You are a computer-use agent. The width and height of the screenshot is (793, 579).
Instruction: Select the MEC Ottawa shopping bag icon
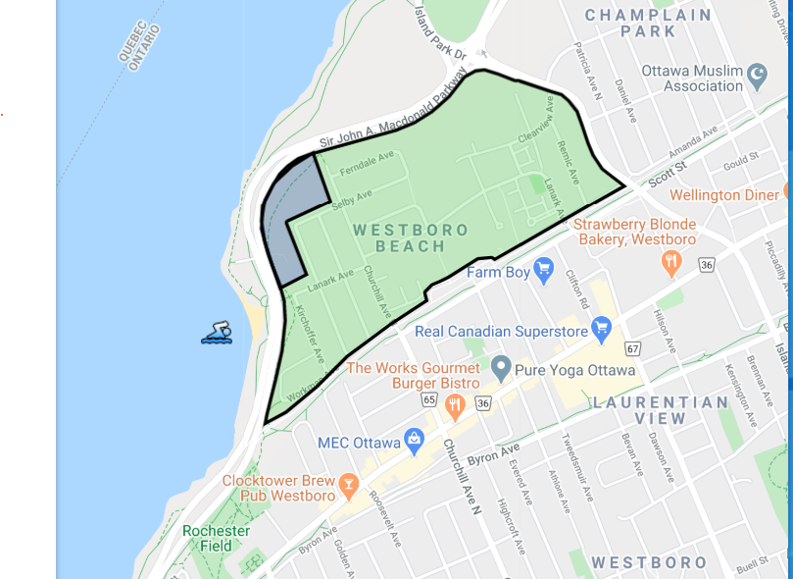point(416,442)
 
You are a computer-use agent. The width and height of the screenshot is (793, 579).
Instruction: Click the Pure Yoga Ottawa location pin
point(501,368)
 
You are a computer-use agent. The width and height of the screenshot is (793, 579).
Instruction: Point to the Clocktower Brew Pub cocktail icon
point(346,484)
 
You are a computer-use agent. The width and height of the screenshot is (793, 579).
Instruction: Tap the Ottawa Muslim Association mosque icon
point(756,74)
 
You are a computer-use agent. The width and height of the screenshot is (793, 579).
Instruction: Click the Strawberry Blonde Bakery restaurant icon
point(671,261)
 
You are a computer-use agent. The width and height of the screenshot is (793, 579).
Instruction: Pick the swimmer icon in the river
point(217,334)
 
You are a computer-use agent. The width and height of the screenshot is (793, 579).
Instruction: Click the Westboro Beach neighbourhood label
point(411,237)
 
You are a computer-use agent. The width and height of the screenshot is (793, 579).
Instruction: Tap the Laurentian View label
point(660,410)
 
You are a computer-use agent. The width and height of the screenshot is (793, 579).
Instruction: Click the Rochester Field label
point(216,538)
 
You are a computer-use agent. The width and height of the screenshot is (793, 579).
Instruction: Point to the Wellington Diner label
point(724,194)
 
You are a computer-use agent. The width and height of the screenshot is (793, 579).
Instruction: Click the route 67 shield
point(633,348)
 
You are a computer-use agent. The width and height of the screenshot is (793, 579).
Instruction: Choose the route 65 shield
point(428,399)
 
